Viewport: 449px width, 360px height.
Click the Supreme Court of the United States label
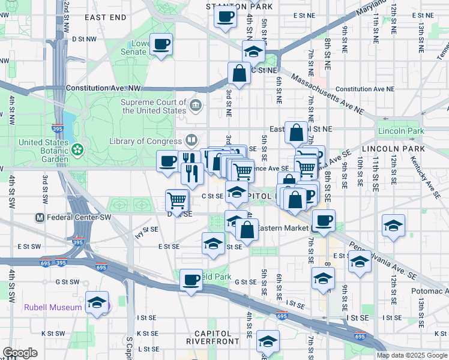tap(154, 106)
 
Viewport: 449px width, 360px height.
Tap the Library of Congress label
tap(145, 141)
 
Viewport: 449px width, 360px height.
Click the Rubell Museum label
tap(53, 307)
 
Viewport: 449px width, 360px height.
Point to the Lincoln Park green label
tap(401, 131)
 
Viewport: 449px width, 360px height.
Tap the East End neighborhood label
tap(106, 17)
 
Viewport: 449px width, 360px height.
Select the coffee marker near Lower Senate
tap(162, 45)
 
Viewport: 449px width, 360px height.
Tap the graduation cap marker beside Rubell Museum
tap(96, 303)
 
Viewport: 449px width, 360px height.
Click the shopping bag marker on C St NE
tap(239, 74)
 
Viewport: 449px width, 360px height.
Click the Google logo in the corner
tap(20, 353)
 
